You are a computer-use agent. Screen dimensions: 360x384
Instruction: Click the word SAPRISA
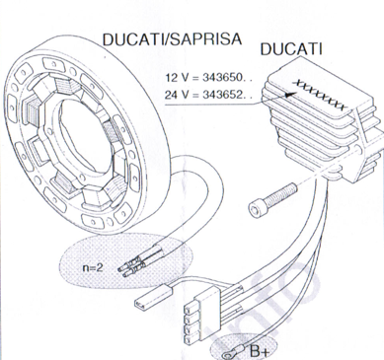tap(203, 38)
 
